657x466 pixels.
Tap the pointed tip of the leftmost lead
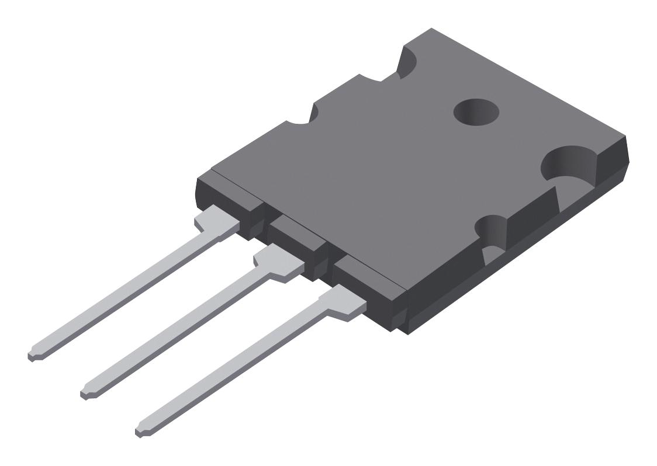click(32, 354)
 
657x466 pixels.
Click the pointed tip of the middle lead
click(85, 390)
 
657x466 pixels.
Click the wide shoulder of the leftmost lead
click(216, 225)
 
